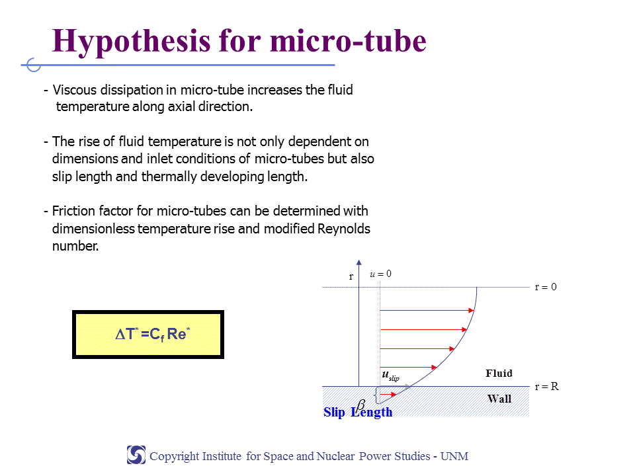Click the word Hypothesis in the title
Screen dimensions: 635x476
(x=131, y=42)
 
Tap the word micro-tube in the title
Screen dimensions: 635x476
(x=348, y=40)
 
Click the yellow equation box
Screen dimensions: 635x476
(x=148, y=335)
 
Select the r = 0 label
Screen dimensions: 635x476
(x=546, y=287)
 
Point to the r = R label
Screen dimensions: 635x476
(x=547, y=387)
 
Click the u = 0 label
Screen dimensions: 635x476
(x=381, y=274)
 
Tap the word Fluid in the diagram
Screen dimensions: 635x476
(x=499, y=373)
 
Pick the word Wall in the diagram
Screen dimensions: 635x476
(x=499, y=399)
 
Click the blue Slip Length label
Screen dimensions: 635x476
(x=358, y=412)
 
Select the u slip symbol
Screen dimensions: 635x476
(x=390, y=376)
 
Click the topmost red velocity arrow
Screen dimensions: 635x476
(x=427, y=311)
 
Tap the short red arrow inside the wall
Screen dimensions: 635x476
(x=388, y=394)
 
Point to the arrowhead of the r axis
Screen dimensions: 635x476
(x=359, y=262)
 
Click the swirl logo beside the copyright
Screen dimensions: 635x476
(x=136, y=455)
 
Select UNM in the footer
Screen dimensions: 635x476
(x=454, y=456)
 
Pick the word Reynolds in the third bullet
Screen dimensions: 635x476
(x=344, y=229)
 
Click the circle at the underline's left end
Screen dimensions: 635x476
(x=34, y=65)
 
